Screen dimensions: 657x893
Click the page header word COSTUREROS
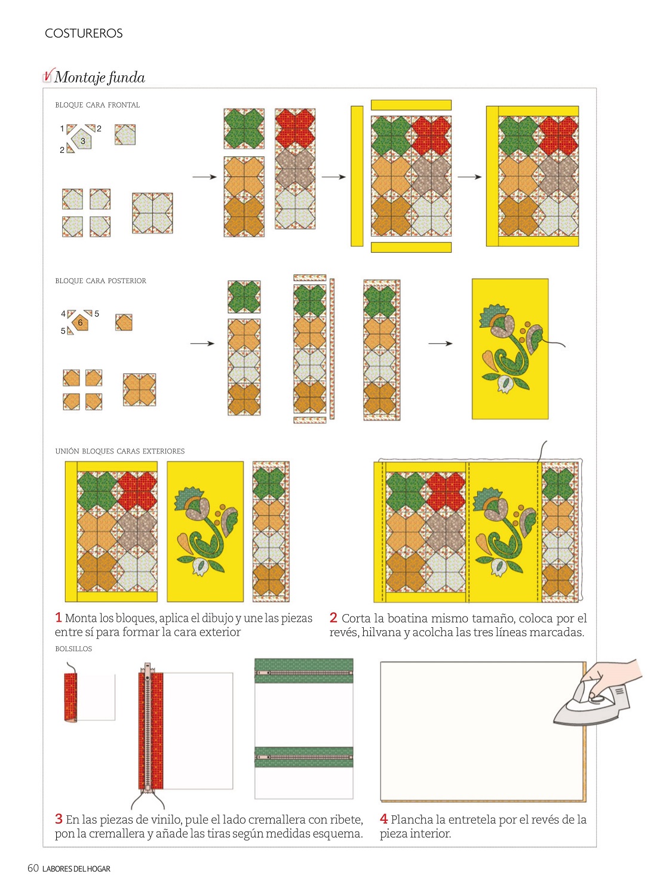pos(84,33)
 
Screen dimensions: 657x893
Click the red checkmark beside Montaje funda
pos(48,75)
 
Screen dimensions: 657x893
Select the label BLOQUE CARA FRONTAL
pos(97,105)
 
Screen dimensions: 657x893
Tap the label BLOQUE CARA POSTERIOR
pos(100,281)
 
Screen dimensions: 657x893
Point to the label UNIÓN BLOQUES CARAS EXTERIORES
pos(119,452)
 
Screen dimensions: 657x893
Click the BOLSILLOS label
pos(73,649)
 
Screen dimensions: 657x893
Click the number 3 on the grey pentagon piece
pos(83,141)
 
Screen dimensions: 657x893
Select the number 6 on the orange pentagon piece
pos(80,322)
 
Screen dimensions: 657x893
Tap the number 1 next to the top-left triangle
pos(62,128)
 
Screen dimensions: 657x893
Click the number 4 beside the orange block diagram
pos(63,314)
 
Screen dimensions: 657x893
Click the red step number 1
pos(58,618)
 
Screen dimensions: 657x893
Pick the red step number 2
pos(333,618)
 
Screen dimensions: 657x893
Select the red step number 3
pos(59,819)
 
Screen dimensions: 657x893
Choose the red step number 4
pos(384,819)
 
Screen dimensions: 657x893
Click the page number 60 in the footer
pos(33,869)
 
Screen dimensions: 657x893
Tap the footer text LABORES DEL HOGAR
pos(76,869)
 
